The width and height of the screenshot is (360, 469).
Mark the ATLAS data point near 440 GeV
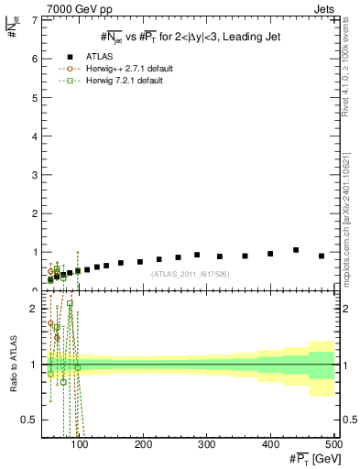[296, 250]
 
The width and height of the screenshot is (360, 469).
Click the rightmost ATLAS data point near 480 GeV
[321, 256]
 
